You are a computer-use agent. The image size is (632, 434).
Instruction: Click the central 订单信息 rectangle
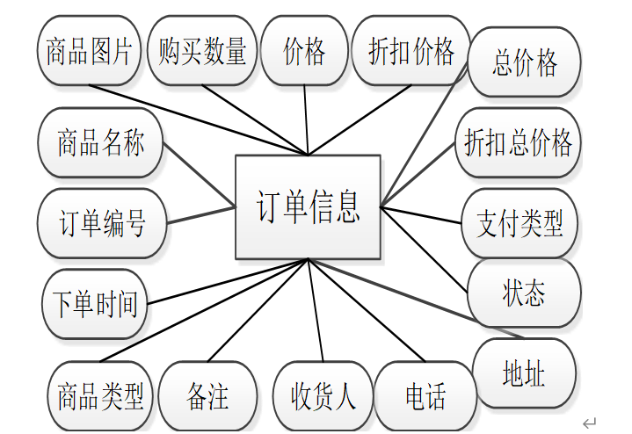(308, 207)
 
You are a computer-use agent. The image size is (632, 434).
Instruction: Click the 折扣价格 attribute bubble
(410, 51)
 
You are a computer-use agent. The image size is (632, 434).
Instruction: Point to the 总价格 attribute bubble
(525, 63)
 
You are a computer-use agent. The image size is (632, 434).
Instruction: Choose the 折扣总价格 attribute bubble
(519, 141)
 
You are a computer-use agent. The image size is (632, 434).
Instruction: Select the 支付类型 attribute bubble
(519, 221)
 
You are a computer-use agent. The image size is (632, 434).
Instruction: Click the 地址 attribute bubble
(524, 374)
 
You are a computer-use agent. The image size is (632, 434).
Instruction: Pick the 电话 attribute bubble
(425, 397)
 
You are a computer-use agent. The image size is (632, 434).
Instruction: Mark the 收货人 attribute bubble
(323, 397)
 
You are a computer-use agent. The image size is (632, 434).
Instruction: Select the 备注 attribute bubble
(208, 397)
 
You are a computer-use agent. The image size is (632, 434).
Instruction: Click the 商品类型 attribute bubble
(100, 397)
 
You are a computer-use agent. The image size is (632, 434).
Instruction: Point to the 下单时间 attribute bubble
(96, 305)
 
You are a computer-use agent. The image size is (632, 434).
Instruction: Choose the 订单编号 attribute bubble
(102, 223)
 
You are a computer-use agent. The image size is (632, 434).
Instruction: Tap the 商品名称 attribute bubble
(101, 143)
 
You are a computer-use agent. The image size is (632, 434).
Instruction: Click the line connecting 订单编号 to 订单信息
(200, 214)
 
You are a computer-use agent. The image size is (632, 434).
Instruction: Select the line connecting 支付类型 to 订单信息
(422, 215)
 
